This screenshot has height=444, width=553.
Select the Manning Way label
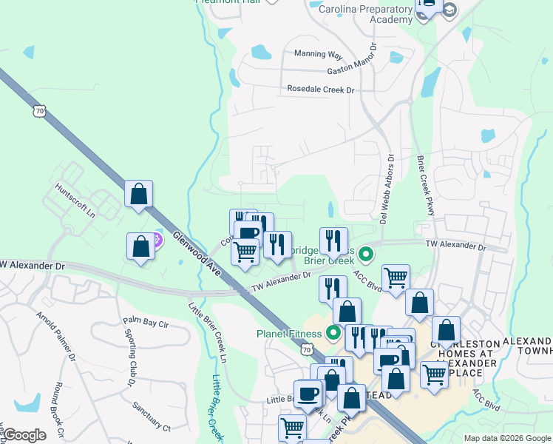pos(319,55)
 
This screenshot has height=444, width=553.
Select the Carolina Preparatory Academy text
pos(364,15)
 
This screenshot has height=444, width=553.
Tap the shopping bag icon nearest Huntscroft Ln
pos(139,194)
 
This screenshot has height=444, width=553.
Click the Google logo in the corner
pos(24,435)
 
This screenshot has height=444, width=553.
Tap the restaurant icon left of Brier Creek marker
pos(333,240)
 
